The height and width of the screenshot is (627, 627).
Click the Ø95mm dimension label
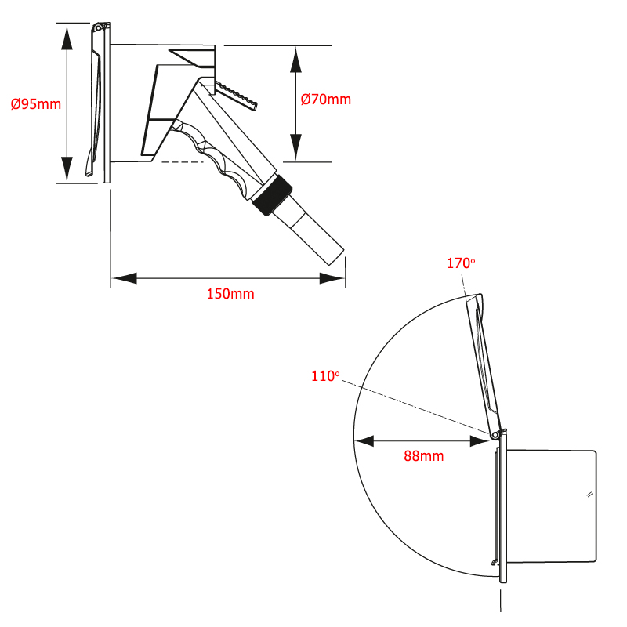click(x=36, y=104)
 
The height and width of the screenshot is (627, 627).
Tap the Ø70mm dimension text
click(x=326, y=100)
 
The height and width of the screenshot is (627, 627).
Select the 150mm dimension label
click(x=230, y=294)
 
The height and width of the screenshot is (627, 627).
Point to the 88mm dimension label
click(x=424, y=456)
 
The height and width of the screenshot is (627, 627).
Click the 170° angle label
click(x=461, y=263)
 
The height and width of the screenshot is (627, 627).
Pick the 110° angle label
click(x=325, y=376)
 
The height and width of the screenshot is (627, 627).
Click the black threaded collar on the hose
click(x=272, y=195)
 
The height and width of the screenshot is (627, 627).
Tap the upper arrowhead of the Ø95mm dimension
click(x=67, y=37)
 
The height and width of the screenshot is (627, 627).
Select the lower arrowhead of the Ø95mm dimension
click(x=67, y=169)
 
